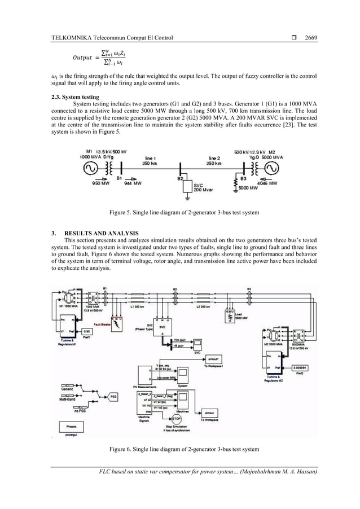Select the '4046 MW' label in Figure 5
269,183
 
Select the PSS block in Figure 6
113,397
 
